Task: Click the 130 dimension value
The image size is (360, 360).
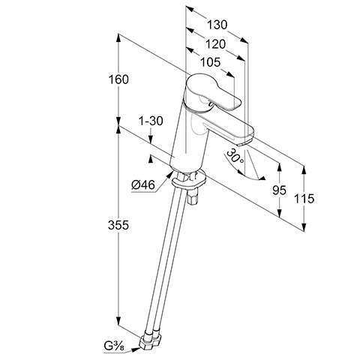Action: pos(217,25)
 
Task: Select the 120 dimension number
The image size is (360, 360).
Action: pos(215,44)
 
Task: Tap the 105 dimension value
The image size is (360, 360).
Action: pos(211,62)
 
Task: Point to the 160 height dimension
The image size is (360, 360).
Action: pos(118,79)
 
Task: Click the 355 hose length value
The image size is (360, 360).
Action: pos(118,225)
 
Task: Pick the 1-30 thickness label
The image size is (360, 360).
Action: pos(151,121)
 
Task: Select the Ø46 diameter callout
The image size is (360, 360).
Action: pos(143,185)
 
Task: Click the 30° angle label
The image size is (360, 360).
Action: pos(235,157)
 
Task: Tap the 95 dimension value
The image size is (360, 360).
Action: pos(279,190)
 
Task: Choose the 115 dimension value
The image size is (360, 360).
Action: pos(304,199)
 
